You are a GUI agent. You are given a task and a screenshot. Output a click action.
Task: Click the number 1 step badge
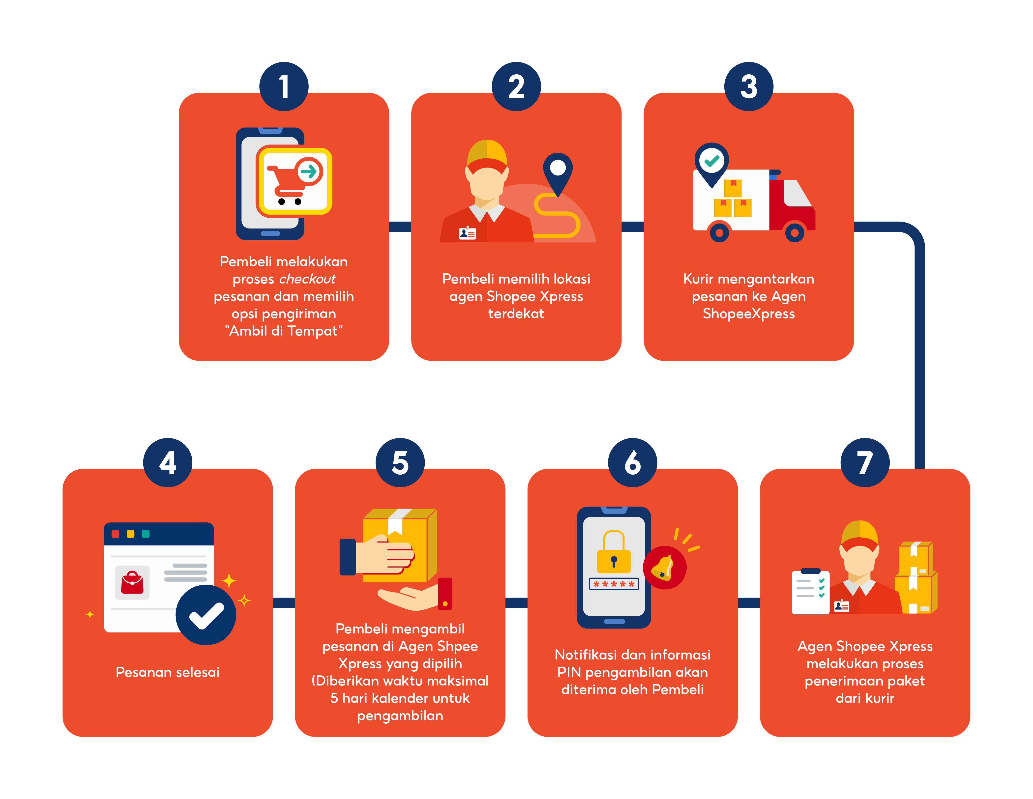click(284, 86)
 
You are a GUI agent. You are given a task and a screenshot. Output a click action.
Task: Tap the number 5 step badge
click(400, 462)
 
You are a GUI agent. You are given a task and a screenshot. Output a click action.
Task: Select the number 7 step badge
click(865, 462)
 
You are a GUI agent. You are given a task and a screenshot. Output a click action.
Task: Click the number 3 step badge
click(749, 86)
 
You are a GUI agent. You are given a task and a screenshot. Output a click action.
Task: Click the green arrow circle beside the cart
click(310, 171)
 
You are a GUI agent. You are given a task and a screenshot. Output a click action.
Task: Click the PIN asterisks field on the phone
click(614, 584)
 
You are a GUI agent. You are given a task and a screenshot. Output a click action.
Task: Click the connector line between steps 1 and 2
click(400, 227)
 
